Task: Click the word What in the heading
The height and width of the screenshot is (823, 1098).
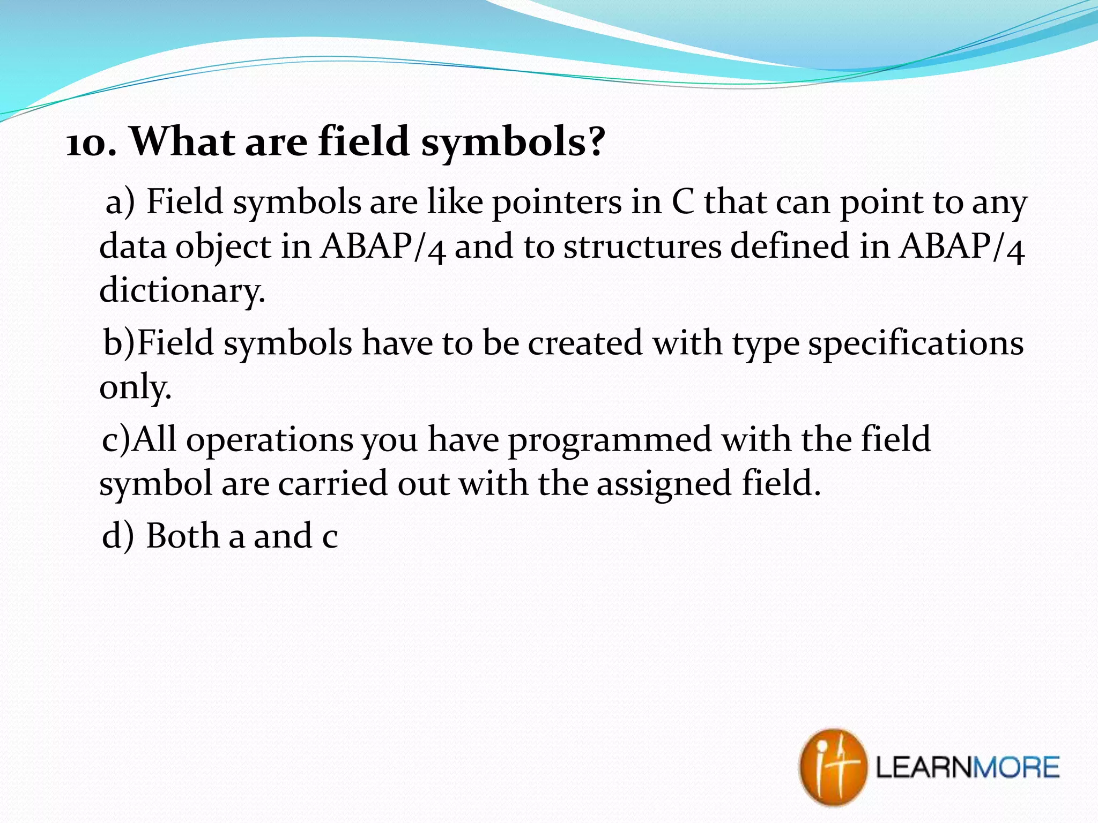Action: pyautogui.click(x=182, y=141)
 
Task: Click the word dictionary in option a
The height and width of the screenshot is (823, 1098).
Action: pyautogui.click(x=182, y=291)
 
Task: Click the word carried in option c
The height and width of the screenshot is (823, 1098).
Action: pyautogui.click(x=332, y=483)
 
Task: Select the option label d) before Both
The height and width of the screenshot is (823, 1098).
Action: pyautogui.click(x=117, y=535)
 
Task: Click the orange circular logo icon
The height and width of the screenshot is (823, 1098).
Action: pyautogui.click(x=833, y=767)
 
